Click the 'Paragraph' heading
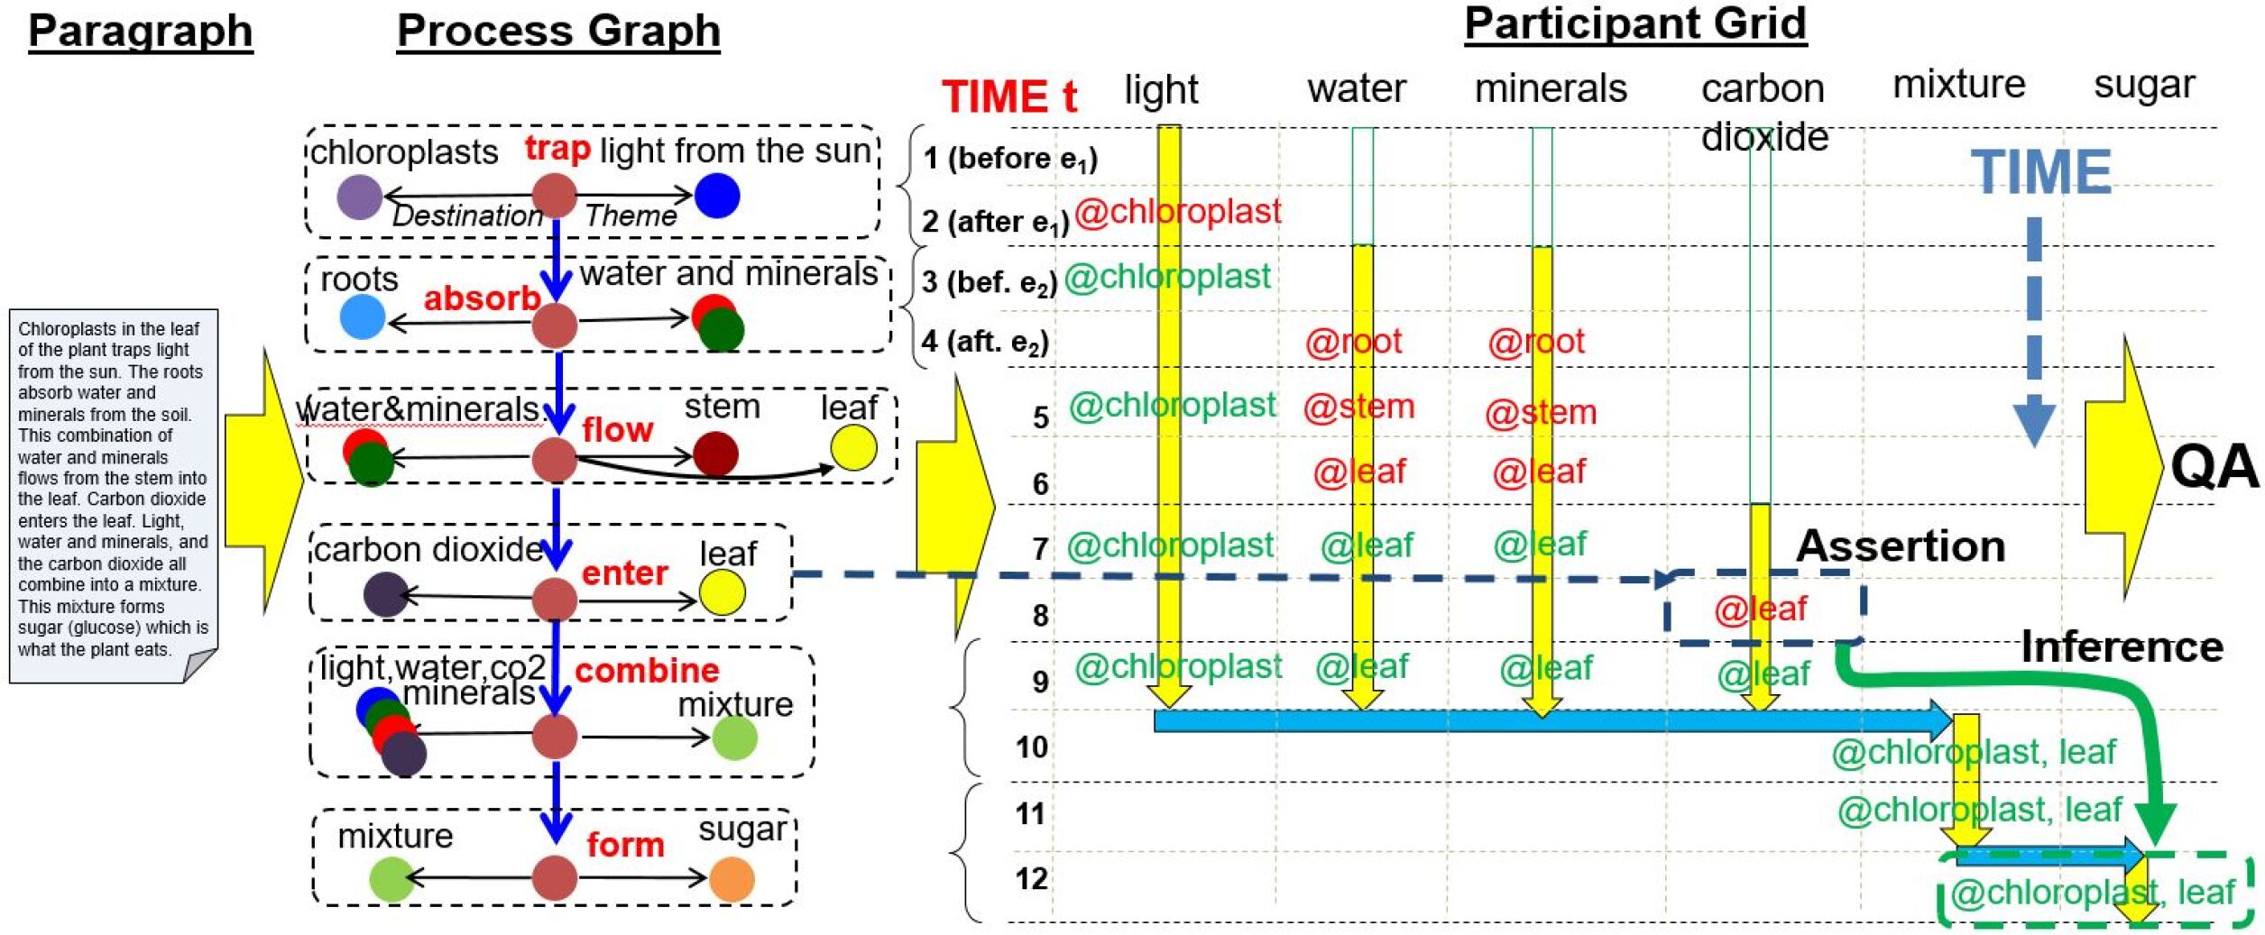point(140,31)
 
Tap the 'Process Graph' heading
point(558,31)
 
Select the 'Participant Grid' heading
point(1634,23)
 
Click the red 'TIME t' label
point(1009,96)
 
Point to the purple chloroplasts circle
point(359,197)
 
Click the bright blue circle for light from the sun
point(717,196)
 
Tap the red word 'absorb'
point(482,298)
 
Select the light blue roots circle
point(363,316)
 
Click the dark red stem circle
point(715,454)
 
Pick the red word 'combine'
point(647,670)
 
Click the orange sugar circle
point(732,878)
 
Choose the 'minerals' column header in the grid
point(1551,88)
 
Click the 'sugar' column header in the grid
point(2144,85)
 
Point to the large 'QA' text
point(2214,467)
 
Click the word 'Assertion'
point(1901,545)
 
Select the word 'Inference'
point(2122,646)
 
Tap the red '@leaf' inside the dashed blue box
point(1760,610)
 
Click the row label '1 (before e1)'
point(1009,159)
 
